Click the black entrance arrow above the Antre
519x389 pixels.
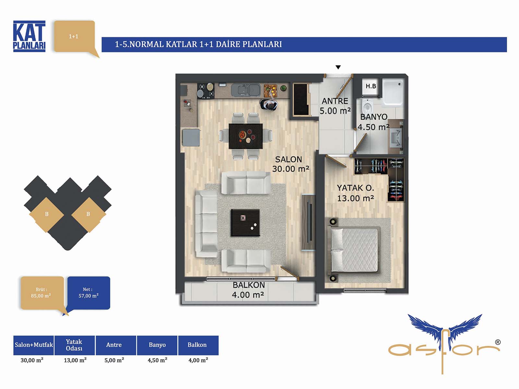(338, 67)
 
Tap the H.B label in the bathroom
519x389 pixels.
(371, 86)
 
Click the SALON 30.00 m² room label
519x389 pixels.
(291, 164)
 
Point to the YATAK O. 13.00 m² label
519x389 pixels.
(356, 193)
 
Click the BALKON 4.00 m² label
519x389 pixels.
(248, 290)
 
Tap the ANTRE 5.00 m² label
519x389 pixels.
(335, 106)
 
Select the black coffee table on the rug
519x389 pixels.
(246, 223)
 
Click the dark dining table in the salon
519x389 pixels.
(246, 136)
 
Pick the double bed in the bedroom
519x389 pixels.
(354, 250)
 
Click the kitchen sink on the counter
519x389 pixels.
(246, 90)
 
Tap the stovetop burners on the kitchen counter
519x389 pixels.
(206, 90)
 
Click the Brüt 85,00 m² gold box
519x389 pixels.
(42, 293)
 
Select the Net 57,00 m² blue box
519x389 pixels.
(89, 293)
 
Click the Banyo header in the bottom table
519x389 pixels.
(157, 345)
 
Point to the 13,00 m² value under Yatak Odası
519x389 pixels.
(75, 360)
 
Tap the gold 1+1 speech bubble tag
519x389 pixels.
(75, 37)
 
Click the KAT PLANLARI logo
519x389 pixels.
(29, 36)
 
